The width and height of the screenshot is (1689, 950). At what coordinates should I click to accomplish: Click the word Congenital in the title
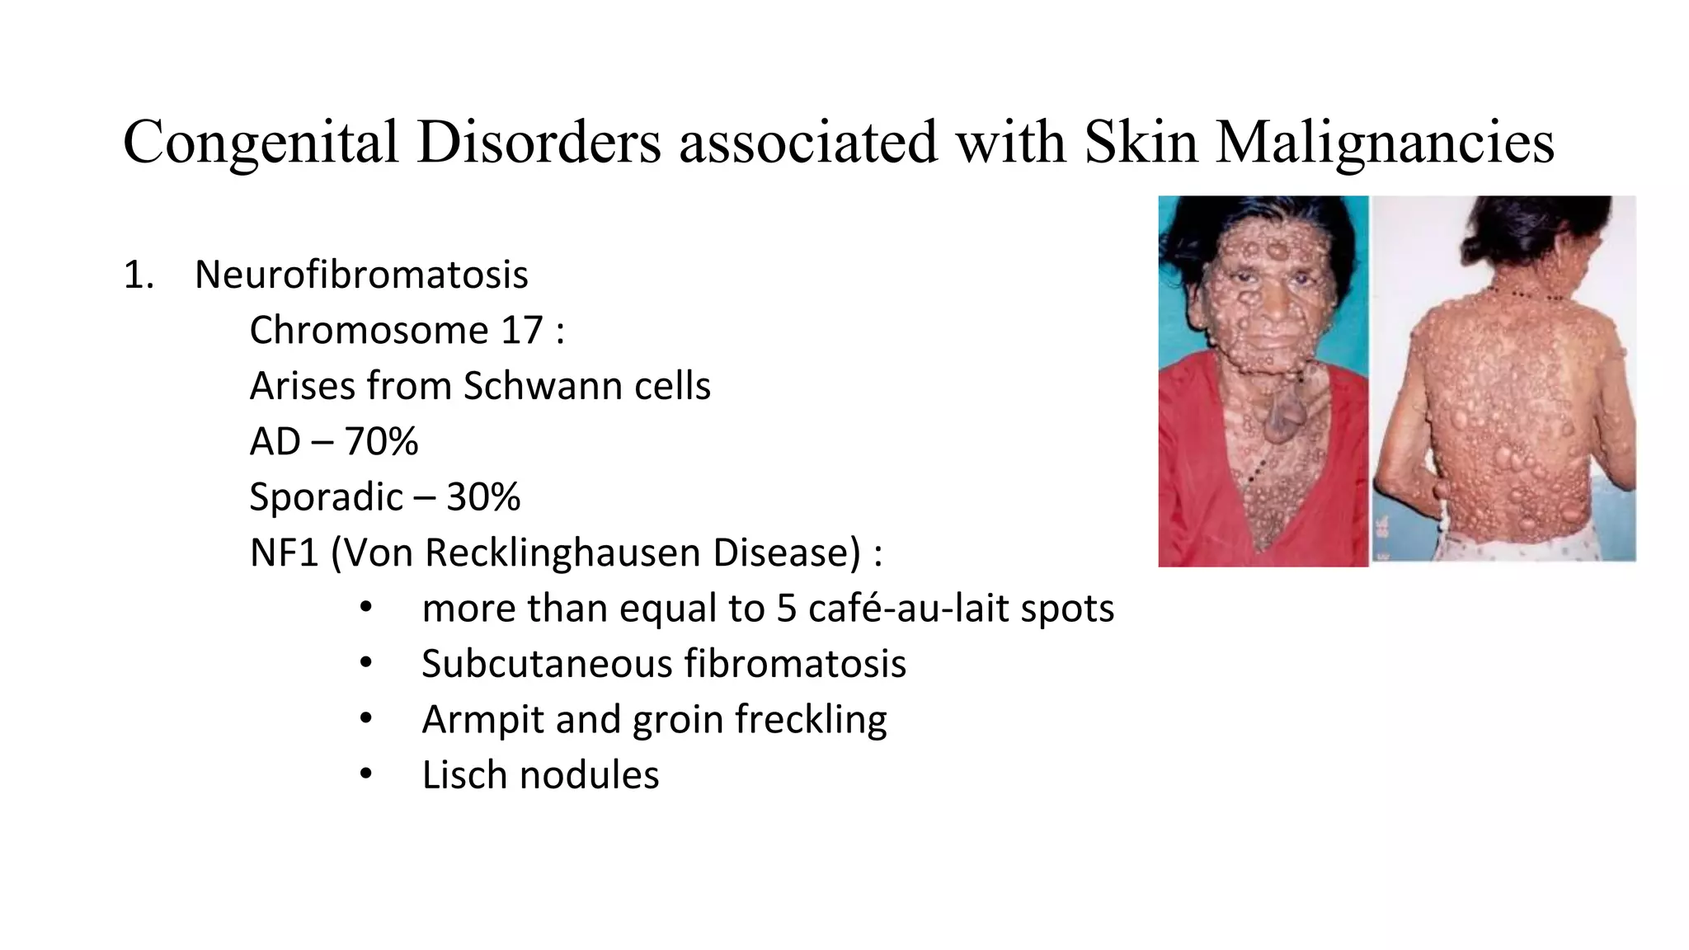coord(261,143)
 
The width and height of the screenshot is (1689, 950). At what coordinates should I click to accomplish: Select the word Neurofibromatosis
coord(361,275)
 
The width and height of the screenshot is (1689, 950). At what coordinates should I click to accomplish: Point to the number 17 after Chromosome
coord(521,331)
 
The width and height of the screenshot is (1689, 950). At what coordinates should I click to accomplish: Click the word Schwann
coord(530,386)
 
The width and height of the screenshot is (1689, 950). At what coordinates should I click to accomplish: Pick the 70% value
coord(381,442)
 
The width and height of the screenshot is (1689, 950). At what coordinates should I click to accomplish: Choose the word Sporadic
coord(326,497)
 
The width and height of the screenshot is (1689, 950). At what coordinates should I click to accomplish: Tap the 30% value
coord(483,497)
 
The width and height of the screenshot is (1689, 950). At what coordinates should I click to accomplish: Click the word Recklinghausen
coord(564,553)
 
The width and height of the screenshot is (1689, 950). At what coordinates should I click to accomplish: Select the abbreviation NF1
coord(284,553)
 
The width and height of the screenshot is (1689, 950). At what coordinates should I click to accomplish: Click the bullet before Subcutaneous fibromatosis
coord(366,664)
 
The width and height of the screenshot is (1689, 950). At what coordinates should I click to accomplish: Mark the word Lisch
coord(464,775)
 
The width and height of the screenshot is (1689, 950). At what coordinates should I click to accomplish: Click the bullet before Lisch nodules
coord(366,775)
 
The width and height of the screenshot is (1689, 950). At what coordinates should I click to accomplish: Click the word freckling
coord(811,719)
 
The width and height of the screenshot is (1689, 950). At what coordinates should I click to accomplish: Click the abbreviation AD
coord(275,442)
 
